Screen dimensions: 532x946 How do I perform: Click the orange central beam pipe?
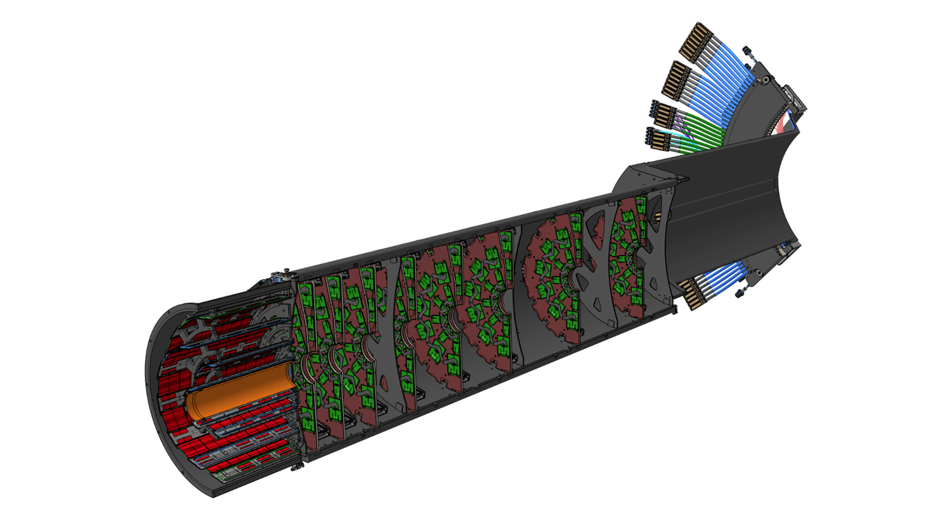(x=241, y=389)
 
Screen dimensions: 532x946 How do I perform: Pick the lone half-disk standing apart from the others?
(x=552, y=281)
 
